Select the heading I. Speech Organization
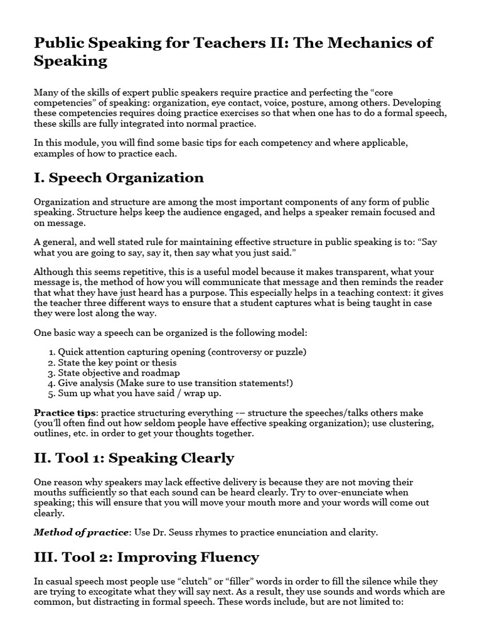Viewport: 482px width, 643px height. (119, 178)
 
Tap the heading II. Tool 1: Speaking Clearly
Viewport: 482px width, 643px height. (134, 458)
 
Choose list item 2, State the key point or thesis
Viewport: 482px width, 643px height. (117, 362)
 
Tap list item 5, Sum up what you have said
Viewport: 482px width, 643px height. (139, 393)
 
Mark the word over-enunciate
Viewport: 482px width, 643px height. (356, 493)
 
